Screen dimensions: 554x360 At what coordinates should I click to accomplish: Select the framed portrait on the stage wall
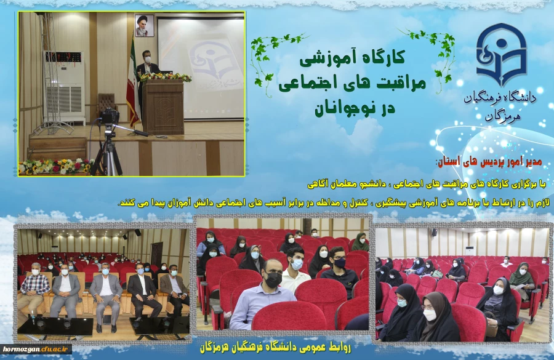click(144, 25)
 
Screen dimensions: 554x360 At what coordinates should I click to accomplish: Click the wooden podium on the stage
click(163, 106)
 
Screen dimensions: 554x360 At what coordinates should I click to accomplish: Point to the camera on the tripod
click(109, 116)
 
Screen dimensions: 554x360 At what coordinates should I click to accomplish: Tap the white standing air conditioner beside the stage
click(63, 87)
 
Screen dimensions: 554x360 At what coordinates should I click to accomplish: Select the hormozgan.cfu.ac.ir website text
click(34, 349)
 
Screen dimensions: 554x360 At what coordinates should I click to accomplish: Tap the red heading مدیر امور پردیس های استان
click(489, 161)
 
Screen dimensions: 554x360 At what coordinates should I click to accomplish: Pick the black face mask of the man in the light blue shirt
click(273, 280)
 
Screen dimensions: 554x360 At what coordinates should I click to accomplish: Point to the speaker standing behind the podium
click(147, 74)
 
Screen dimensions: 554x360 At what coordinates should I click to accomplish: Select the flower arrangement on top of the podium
click(166, 77)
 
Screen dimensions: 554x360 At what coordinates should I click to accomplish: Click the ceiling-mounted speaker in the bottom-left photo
click(137, 233)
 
